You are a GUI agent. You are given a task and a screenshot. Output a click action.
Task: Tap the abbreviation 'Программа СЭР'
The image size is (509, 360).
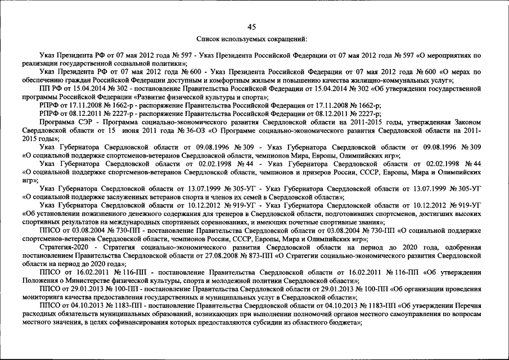click(65, 123)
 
